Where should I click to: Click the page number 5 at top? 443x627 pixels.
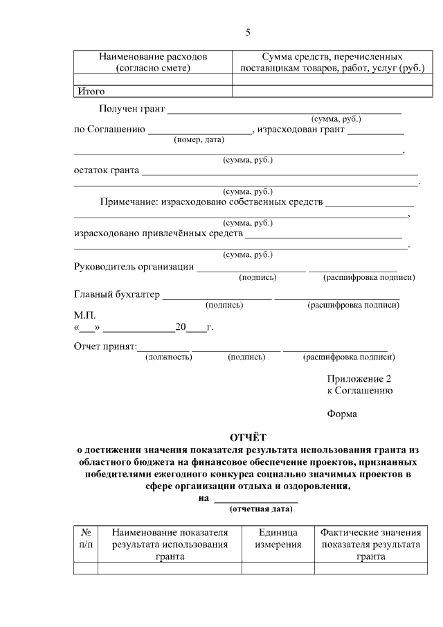click(x=248, y=33)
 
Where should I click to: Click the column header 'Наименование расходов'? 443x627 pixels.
click(x=152, y=62)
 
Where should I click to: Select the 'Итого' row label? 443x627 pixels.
click(x=90, y=91)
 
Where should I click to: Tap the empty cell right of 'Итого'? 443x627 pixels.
click(x=329, y=91)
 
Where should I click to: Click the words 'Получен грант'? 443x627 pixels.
click(x=132, y=109)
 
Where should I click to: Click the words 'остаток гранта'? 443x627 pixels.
click(x=107, y=170)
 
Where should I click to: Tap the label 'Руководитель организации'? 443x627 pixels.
click(x=134, y=267)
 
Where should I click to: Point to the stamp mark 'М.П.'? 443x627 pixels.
click(x=84, y=315)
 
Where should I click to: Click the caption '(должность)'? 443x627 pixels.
click(x=168, y=357)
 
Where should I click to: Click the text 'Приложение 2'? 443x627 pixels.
click(x=359, y=379)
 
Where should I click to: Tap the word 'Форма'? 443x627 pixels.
click(x=342, y=414)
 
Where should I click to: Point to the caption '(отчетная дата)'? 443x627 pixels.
click(x=260, y=509)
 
